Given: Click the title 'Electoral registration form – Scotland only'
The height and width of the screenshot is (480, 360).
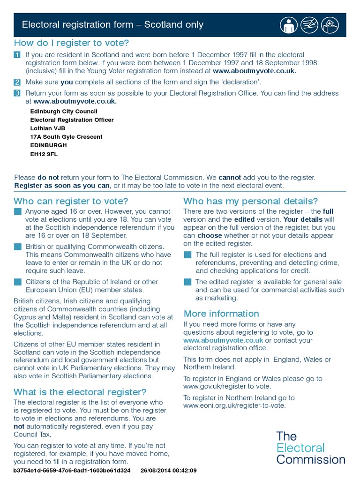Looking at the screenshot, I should (x=113, y=25).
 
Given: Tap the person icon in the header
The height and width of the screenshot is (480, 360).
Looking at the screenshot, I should (x=289, y=25).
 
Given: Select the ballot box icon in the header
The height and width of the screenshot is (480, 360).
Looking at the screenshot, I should (x=331, y=25).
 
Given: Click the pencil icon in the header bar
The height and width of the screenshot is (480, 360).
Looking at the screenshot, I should (x=310, y=25).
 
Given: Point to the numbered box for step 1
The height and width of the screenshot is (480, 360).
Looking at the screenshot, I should (x=17, y=55).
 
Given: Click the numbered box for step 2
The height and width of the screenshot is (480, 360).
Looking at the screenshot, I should (x=17, y=82).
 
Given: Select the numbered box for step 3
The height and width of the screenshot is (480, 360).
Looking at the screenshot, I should (x=17, y=93).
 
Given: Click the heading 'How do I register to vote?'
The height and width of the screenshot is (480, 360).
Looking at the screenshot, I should (x=72, y=43).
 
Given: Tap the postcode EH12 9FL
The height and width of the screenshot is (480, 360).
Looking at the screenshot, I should (x=44, y=154).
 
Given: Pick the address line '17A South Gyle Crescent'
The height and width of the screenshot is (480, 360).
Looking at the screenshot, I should (x=66, y=137).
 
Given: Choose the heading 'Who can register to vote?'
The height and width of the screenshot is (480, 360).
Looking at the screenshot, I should (x=71, y=202).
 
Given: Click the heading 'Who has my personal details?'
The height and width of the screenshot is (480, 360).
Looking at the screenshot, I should (x=250, y=202).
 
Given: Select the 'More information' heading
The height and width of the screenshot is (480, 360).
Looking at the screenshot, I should (x=221, y=314).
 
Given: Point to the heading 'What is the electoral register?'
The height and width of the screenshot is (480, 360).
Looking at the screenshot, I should (x=80, y=392).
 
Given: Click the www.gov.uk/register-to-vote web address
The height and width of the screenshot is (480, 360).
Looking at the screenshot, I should (x=227, y=386).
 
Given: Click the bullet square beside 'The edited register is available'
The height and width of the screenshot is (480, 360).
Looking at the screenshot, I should (x=187, y=282).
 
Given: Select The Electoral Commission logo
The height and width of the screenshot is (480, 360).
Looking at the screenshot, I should (x=310, y=448).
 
